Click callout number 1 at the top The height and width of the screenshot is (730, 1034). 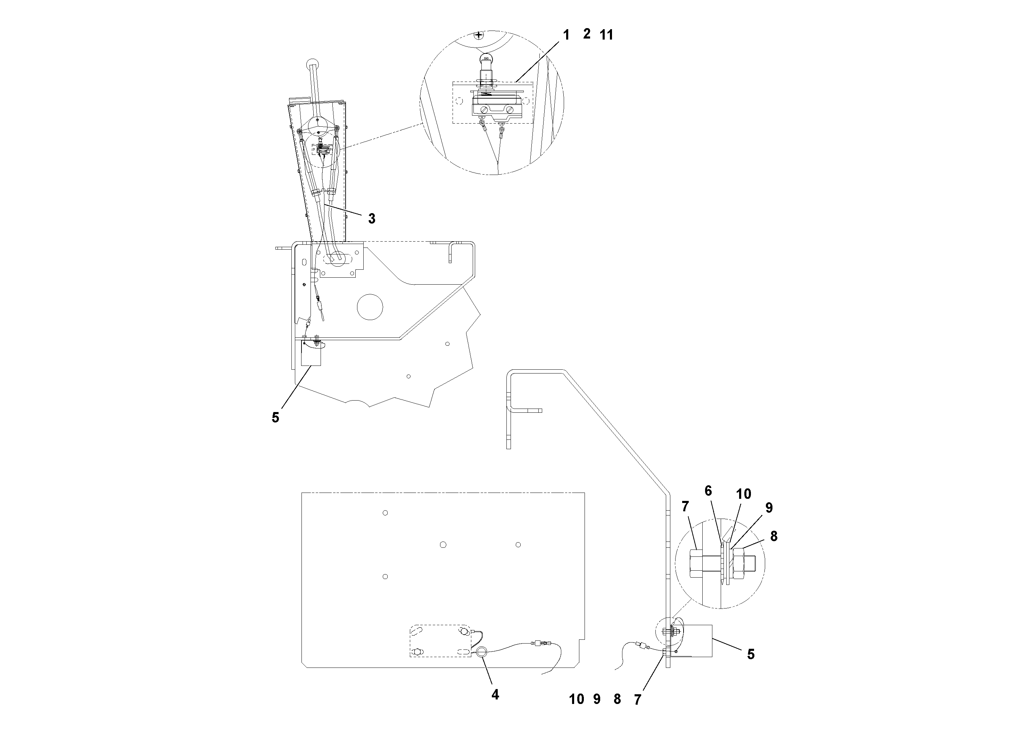(566, 35)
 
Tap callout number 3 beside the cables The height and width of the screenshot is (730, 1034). (372, 219)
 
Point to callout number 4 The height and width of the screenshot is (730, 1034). (495, 695)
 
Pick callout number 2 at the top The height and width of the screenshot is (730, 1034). (586, 34)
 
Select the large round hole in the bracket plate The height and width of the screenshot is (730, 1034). (370, 308)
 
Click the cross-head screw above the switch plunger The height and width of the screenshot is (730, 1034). (480, 35)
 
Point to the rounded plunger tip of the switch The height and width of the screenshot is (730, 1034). (486, 59)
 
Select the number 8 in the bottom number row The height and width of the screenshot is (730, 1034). (617, 699)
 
